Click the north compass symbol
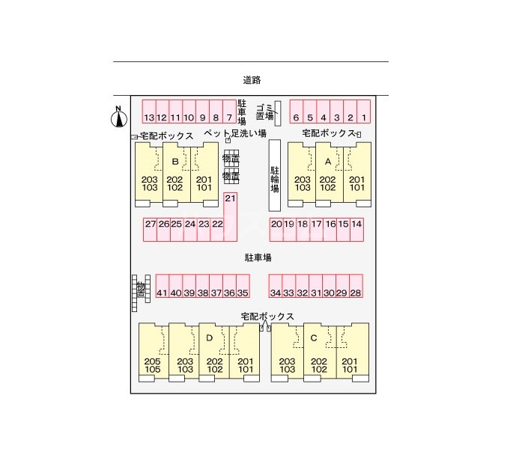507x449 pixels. [x=118, y=117]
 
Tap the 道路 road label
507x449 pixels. [x=252, y=79]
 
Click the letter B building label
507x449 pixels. [x=175, y=161]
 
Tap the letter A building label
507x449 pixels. [x=327, y=161]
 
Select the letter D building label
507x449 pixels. [x=210, y=337]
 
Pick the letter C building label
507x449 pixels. [x=315, y=337]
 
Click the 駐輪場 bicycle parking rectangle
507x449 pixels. [x=275, y=175]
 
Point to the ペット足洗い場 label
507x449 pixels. [x=236, y=134]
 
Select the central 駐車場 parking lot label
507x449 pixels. [x=258, y=257]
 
